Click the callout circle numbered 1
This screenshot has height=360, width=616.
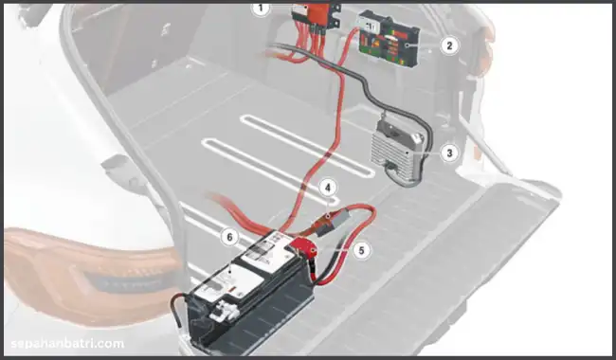(x=261, y=9)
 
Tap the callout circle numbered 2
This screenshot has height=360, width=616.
(x=449, y=45)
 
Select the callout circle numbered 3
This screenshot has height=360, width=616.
(x=449, y=153)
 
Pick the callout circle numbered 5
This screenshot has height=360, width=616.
(x=361, y=250)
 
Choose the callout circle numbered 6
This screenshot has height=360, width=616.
(x=229, y=237)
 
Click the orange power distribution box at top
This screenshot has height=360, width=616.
(x=317, y=16)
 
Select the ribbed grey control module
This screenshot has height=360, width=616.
(x=397, y=152)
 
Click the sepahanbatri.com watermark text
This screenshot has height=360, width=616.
(x=67, y=344)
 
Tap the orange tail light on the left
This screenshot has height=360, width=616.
(x=90, y=275)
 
